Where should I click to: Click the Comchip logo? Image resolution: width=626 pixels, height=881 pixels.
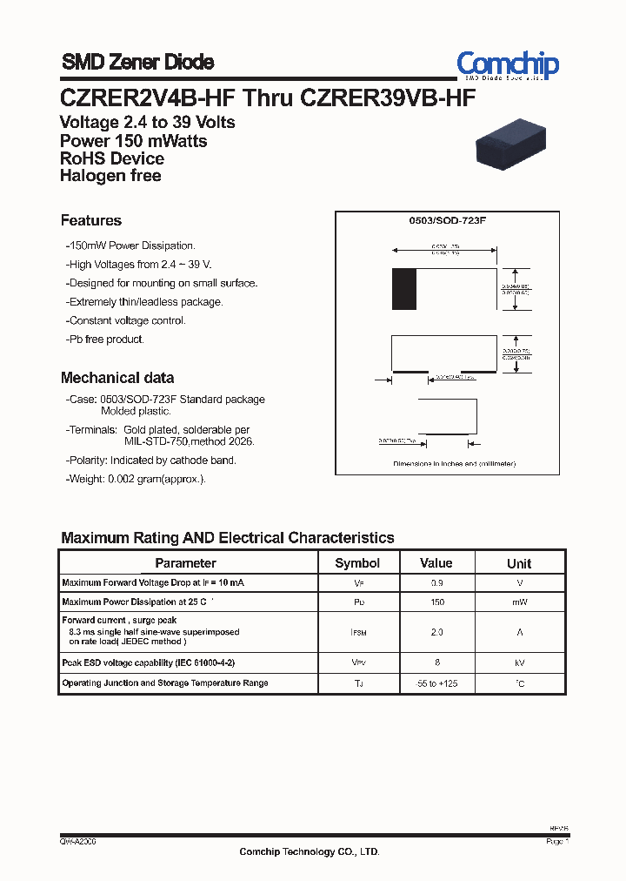pos(508,64)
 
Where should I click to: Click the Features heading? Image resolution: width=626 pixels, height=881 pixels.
pos(91,220)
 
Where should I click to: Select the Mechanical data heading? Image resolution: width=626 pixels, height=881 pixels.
pos(117,378)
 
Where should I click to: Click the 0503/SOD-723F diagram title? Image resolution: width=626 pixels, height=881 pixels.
pos(448,222)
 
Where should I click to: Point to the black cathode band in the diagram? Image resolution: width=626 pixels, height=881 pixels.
pos(404,289)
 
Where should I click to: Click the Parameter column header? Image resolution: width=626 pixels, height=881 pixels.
pos(185,563)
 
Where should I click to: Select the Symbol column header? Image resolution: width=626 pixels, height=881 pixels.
pos(357,563)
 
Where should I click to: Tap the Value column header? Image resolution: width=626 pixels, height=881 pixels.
pos(436,563)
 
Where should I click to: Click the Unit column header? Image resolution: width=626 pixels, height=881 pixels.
pos(519,563)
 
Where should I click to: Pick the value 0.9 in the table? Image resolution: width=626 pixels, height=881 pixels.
pos(436,582)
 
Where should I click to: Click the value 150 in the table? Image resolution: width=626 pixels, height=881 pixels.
pos(436,602)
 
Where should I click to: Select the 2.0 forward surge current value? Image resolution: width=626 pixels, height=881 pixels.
pos(436,632)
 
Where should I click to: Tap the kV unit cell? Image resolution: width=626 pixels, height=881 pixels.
pos(519,662)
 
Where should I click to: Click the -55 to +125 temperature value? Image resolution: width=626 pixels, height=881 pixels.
pos(436,683)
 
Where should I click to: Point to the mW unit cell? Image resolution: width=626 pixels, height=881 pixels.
pos(519,602)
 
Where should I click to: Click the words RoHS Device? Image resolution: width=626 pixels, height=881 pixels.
pos(112,158)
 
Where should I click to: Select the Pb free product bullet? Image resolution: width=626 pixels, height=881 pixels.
pos(105,340)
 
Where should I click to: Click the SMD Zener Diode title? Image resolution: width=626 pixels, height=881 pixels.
pos(137,62)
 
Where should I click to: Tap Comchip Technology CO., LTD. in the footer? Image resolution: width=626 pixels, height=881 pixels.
pos(310,852)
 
